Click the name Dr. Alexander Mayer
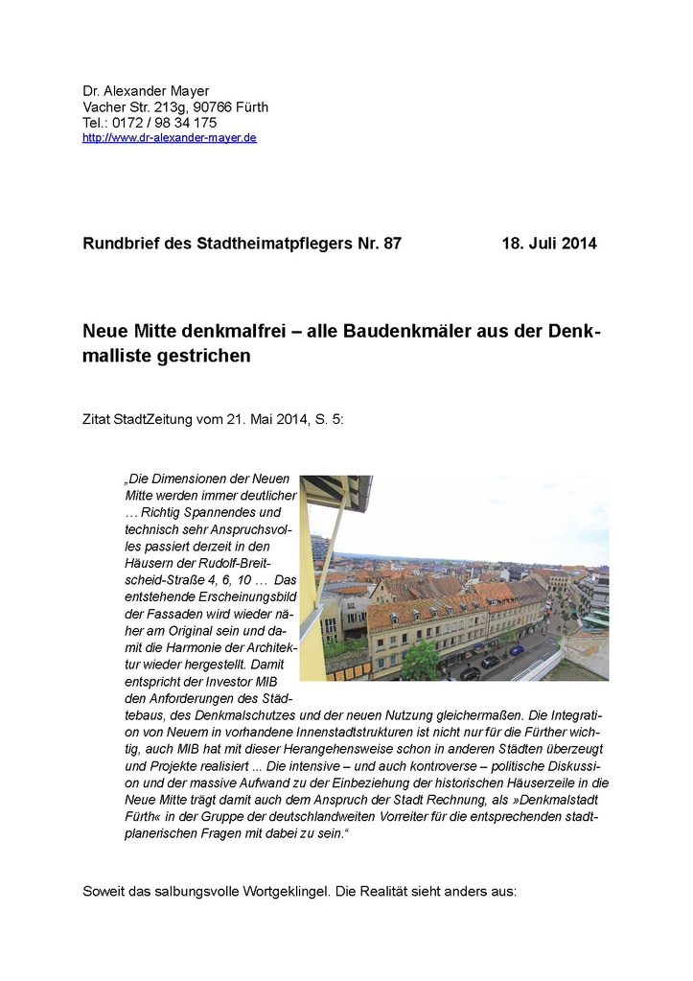146,91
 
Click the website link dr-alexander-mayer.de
170,138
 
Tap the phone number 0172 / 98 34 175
165,123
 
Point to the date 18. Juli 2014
548,244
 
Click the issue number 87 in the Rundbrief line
391,244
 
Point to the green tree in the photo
419,660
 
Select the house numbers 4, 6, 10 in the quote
227,581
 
